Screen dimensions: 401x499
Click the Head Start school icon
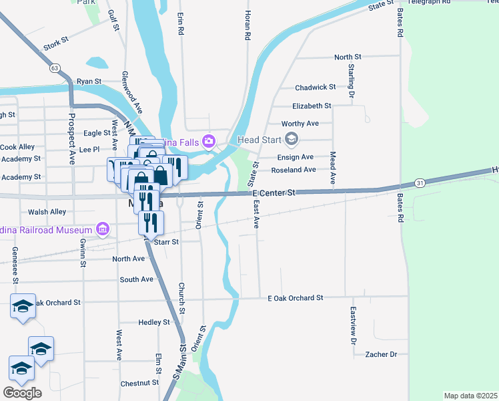coord(291,140)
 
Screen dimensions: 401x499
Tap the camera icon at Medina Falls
coord(209,140)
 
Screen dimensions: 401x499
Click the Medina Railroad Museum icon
coord(102,229)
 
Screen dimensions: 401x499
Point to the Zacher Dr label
coord(381,354)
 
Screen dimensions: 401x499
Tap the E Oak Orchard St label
coord(295,297)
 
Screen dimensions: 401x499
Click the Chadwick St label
coord(316,87)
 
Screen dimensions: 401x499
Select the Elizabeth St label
coord(312,106)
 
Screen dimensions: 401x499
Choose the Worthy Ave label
coord(300,124)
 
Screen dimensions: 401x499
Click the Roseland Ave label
coord(294,170)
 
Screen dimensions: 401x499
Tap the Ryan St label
coord(89,81)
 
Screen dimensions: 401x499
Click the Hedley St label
coord(153,322)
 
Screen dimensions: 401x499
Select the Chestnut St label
coord(139,384)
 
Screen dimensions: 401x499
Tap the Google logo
coord(22,393)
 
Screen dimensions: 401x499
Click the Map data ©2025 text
coord(470,396)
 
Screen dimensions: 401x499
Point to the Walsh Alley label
coord(47,212)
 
